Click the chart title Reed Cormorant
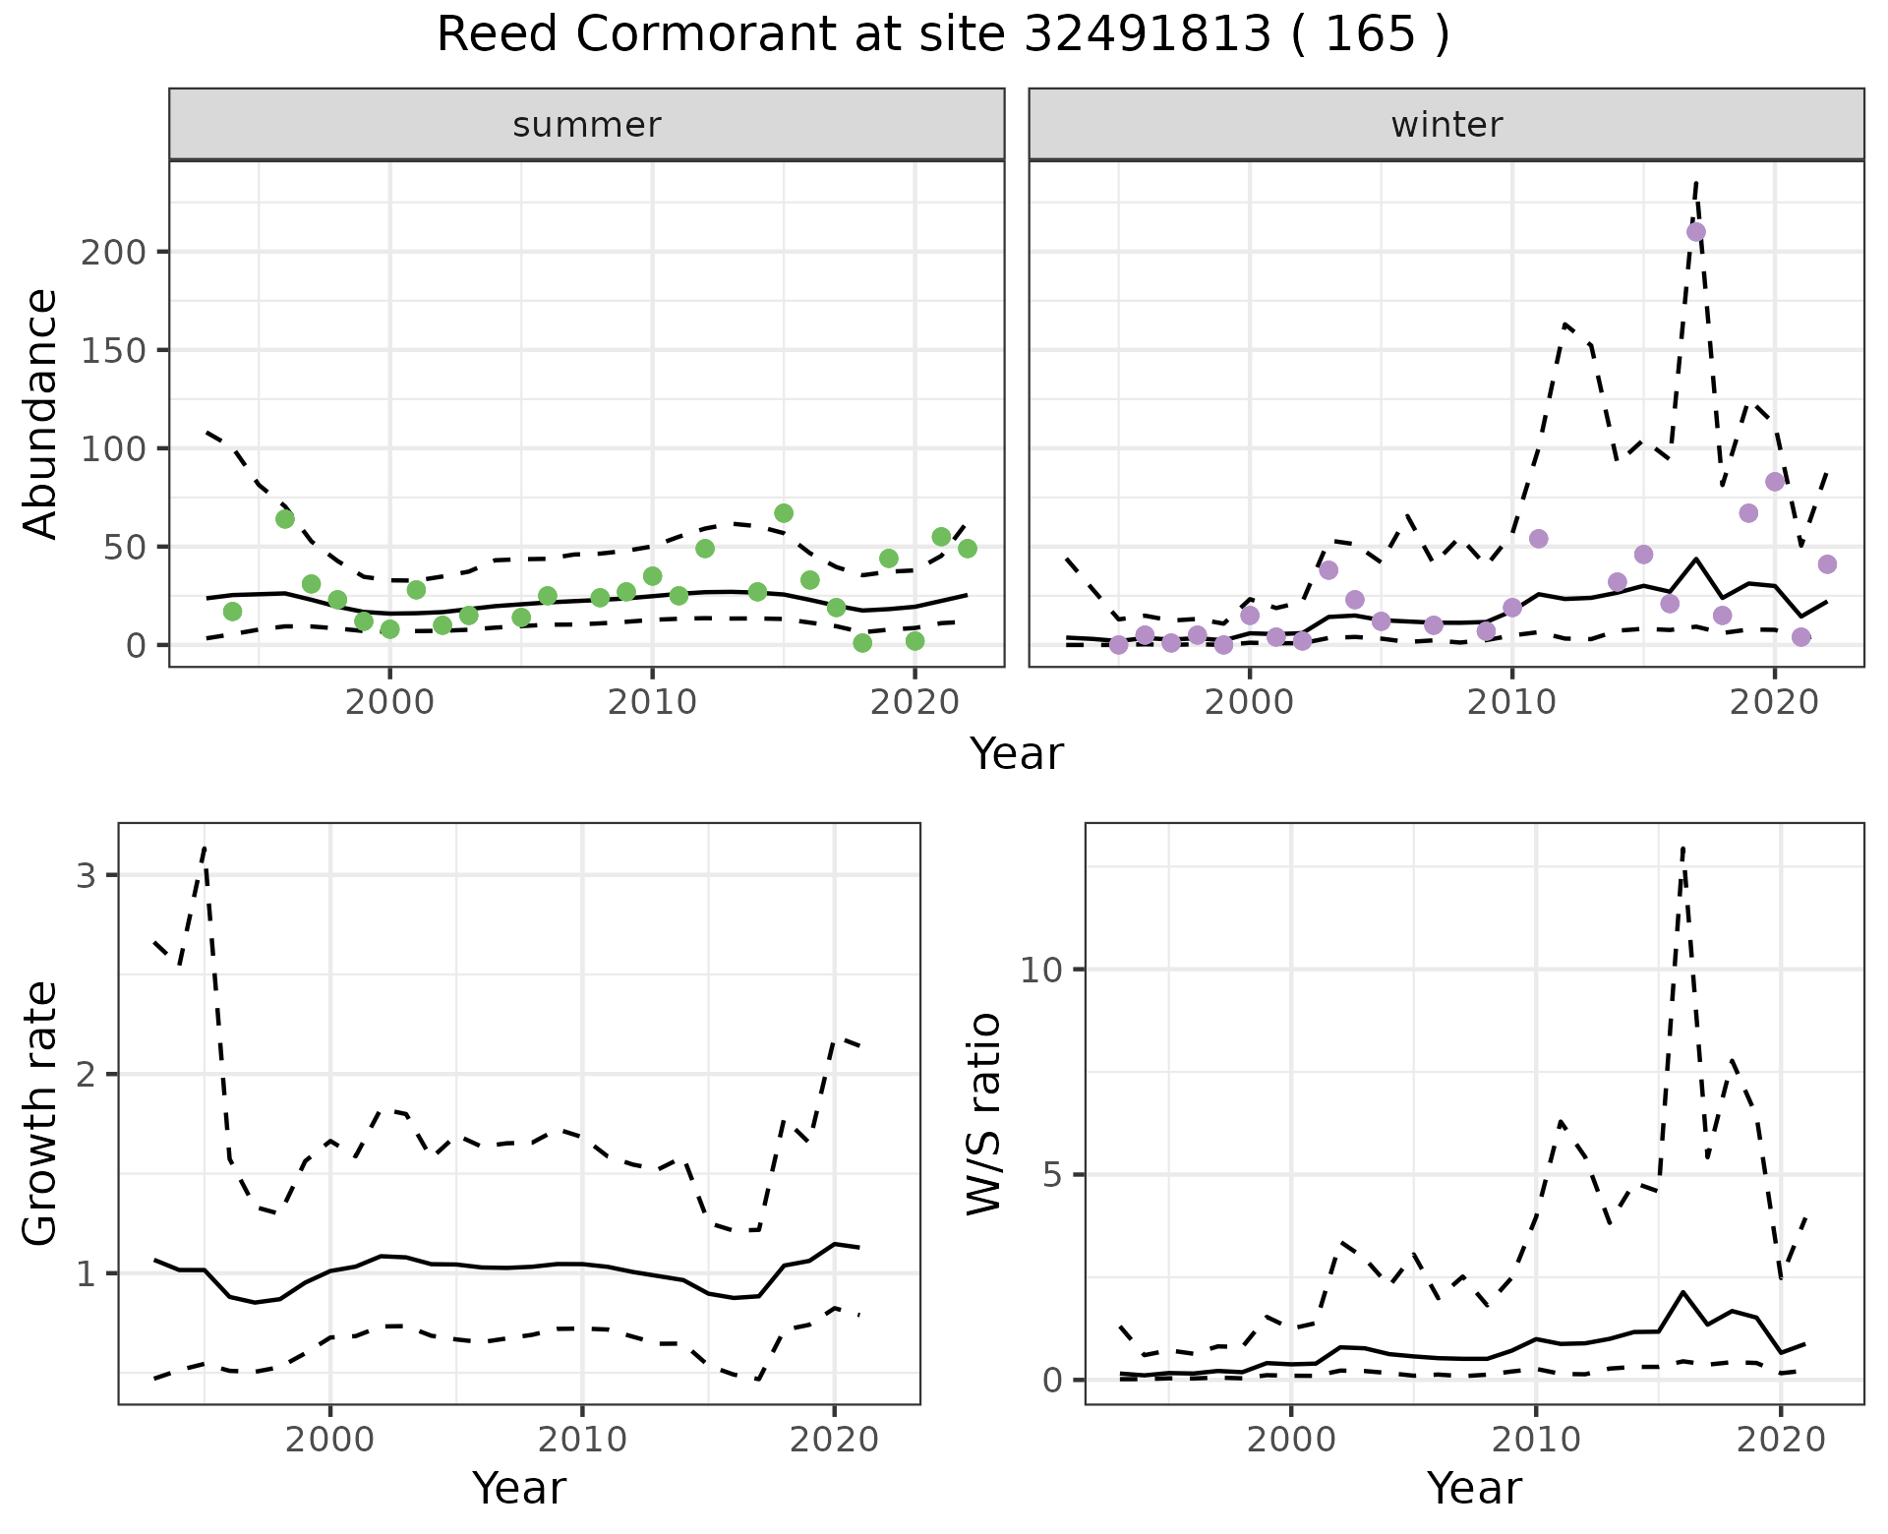(942, 35)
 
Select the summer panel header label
(587, 125)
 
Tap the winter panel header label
(1446, 125)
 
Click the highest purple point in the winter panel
(1696, 232)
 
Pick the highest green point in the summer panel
(784, 513)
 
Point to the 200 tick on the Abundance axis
(113, 252)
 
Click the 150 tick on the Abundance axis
(113, 350)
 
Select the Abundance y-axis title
(41, 413)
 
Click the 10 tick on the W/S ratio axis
(1041, 971)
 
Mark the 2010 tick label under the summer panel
(652, 703)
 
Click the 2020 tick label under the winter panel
(1774, 703)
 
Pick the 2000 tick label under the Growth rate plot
(330, 1441)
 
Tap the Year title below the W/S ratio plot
(1474, 1488)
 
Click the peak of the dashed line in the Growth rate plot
(204, 847)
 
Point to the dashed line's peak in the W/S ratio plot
(1683, 847)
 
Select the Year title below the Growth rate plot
(519, 1488)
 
